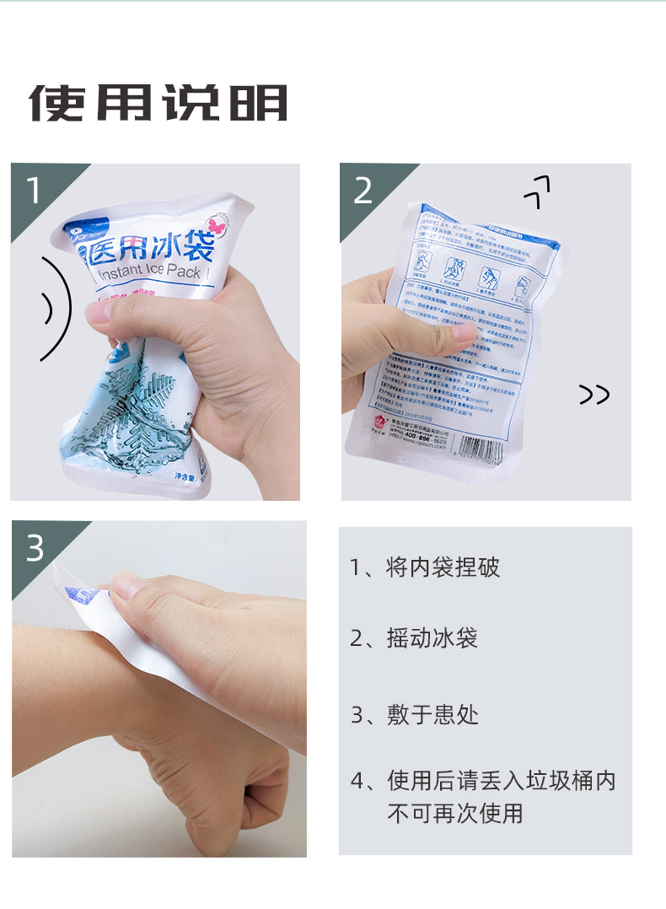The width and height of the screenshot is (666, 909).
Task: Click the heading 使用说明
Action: coord(158,103)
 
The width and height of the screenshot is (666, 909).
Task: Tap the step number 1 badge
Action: coord(33,191)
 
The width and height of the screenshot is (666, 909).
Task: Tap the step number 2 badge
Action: coord(363,191)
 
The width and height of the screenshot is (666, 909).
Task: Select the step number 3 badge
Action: coord(35,548)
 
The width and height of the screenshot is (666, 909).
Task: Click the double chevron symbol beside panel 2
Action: coord(594,394)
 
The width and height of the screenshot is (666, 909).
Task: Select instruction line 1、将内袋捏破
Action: coord(425,567)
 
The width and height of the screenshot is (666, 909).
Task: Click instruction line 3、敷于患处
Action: coord(414,715)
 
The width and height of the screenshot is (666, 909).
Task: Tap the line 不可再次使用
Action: coord(455,813)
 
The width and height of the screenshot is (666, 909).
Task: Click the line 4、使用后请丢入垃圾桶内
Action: coord(483,781)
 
